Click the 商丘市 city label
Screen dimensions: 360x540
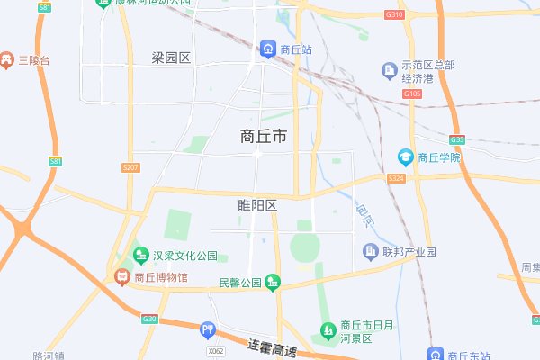(264, 137)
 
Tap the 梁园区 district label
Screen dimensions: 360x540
(172, 58)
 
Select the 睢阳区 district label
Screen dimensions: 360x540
(257, 206)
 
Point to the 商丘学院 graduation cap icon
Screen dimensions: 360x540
(406, 157)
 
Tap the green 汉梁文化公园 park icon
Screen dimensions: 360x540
(139, 256)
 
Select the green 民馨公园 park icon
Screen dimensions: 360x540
(273, 283)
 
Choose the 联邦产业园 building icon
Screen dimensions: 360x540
(369, 251)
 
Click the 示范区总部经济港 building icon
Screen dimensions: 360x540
(389, 69)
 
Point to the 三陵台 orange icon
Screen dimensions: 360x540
(7, 60)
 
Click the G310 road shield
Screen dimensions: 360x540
(394, 15)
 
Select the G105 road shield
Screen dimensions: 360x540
(412, 94)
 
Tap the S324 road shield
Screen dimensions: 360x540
(396, 179)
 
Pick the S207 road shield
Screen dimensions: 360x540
(130, 167)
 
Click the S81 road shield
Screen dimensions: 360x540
(56, 160)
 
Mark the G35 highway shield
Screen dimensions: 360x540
(457, 139)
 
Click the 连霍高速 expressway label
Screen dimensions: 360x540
(272, 345)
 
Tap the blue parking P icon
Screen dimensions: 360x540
(209, 330)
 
